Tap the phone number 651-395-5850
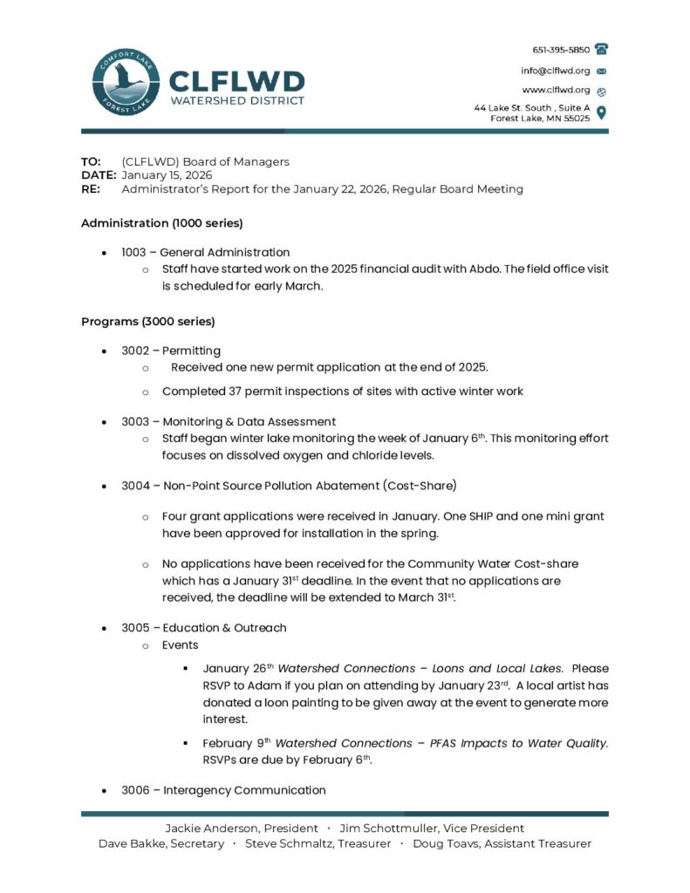561,50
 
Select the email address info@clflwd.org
556,71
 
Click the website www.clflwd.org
556,91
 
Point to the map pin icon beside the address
601,112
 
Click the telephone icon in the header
601,50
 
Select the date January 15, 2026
167,175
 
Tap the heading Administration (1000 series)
161,222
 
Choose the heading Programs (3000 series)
147,321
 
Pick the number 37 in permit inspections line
230,392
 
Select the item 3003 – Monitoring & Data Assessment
229,421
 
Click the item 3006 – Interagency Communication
223,790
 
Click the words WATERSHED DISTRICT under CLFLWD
236,100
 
